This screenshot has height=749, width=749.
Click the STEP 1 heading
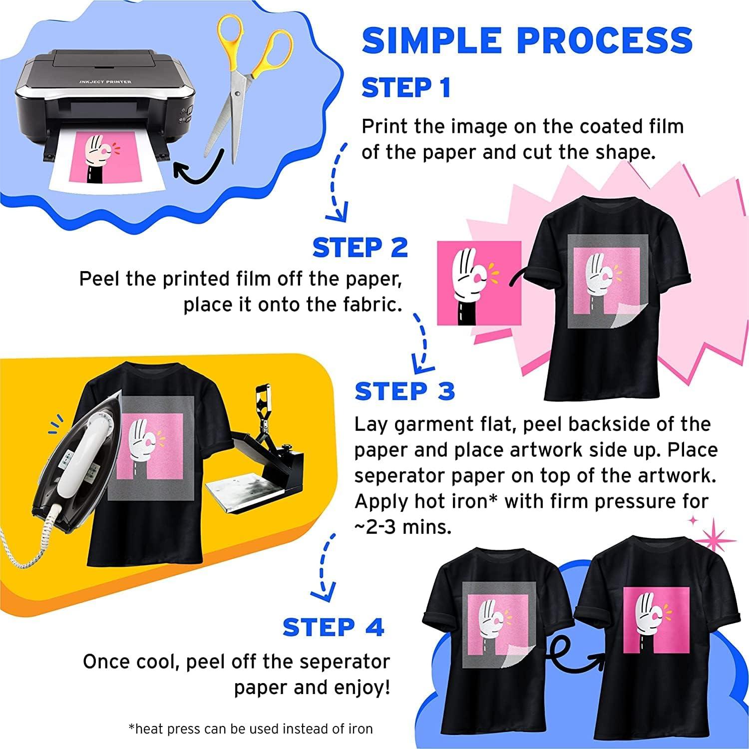[406, 88]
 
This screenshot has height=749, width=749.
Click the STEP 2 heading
[360, 248]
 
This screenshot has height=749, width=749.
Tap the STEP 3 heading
[404, 391]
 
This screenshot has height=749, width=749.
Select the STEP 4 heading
[333, 627]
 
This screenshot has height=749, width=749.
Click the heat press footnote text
[251, 729]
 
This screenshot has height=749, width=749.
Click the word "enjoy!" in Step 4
[364, 688]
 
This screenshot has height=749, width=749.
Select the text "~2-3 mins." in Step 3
[403, 528]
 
